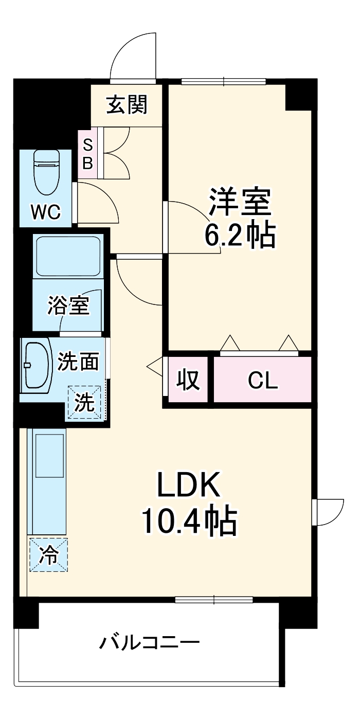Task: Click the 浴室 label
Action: point(68,305)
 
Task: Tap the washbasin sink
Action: point(38,366)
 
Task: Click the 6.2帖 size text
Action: point(240,236)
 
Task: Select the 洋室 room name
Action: point(240,202)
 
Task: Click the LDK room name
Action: point(188,485)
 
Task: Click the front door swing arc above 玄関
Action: point(132,57)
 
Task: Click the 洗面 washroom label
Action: point(78,362)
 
